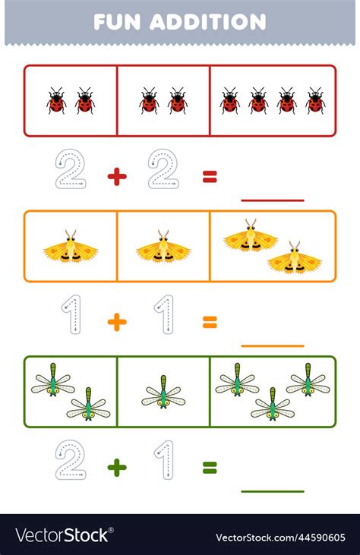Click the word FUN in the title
[118, 21]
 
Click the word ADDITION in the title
[208, 21]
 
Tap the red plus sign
[116, 177]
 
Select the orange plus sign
[116, 322]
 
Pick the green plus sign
[116, 468]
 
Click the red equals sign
[210, 177]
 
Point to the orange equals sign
[210, 322]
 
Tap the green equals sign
[210, 468]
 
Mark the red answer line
[272, 200]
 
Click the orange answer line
[272, 345]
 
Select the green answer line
[272, 491]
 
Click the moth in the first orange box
[70, 247]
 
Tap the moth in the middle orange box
[163, 247]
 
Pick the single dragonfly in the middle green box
[163, 392]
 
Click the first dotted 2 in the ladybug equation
[71, 169]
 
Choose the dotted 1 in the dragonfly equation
[163, 460]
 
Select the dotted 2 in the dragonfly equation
[71, 460]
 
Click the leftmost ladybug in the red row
[56, 101]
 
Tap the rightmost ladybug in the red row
[315, 101]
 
